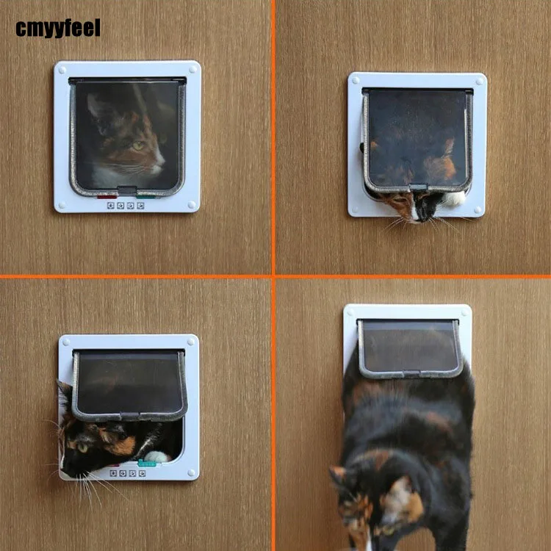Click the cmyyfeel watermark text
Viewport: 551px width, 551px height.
pos(57,29)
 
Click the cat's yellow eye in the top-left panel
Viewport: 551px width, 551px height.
pos(137,145)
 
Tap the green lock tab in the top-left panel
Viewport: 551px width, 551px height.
pos(148,196)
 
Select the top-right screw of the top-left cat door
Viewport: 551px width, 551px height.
pos(192,70)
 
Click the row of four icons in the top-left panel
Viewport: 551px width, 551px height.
pos(126,206)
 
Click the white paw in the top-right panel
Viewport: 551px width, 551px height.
pos(455,198)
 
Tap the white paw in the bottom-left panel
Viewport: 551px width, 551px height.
pos(155,456)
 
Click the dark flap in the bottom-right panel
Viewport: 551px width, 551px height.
pos(409,347)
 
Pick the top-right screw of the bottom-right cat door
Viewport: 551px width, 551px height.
pos(464,312)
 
